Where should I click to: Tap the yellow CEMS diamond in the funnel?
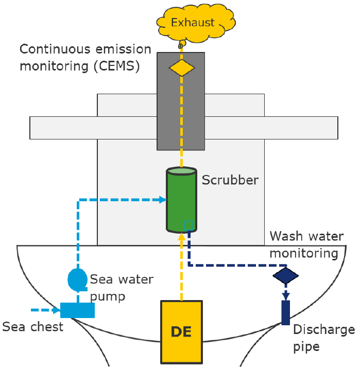tap(182, 67)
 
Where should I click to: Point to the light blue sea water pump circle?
tap(78, 278)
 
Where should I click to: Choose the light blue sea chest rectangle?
tap(77, 310)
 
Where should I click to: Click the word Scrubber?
tap(230, 180)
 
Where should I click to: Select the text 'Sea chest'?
tap(32, 327)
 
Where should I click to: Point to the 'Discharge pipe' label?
tap(323, 338)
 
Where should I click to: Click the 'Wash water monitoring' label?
tap(306, 244)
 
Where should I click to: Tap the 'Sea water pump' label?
tap(122, 287)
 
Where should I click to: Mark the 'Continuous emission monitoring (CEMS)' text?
tap(85, 58)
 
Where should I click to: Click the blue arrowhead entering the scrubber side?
tap(163, 199)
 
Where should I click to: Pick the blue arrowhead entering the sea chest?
tap(56, 310)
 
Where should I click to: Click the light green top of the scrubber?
tap(181, 171)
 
